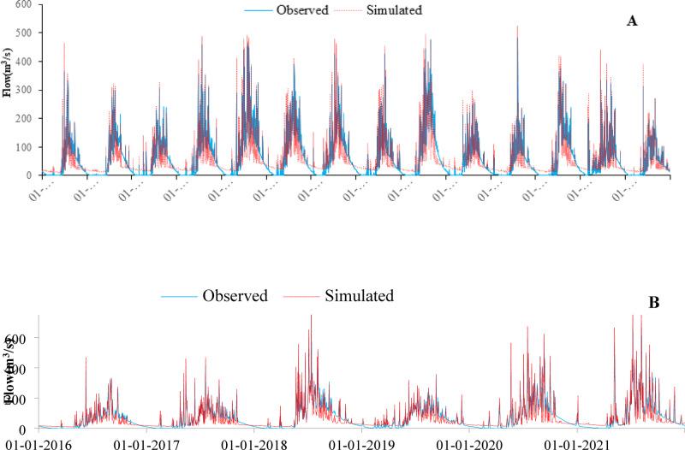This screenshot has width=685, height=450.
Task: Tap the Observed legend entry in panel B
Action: point(235,296)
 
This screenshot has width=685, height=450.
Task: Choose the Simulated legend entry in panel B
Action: point(359,296)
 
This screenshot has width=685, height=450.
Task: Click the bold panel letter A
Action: point(632,21)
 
